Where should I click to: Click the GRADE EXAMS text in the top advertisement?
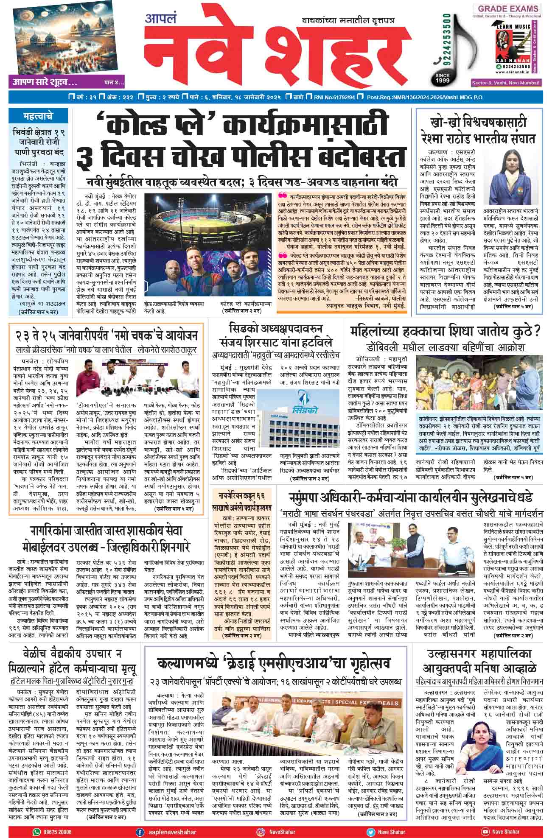pos(508,8)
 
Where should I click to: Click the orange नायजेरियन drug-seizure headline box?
pos(245,501)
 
